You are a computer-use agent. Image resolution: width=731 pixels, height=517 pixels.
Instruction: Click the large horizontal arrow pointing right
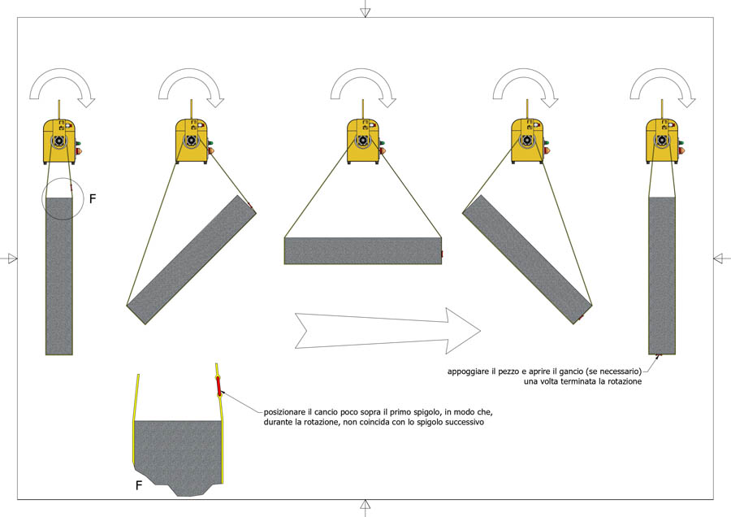click(387, 330)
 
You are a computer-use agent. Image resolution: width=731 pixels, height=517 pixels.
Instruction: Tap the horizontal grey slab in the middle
click(363, 251)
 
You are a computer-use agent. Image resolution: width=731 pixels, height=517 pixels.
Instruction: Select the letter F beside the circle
click(93, 199)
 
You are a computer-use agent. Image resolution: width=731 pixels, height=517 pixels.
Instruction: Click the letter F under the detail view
click(138, 486)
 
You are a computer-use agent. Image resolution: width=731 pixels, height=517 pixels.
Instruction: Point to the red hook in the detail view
click(218, 387)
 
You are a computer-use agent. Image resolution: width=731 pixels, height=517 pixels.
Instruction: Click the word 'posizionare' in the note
click(284, 412)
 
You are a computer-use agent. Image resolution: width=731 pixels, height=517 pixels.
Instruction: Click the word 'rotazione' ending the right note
click(625, 381)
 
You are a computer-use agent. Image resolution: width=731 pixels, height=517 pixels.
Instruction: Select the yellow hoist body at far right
click(662, 141)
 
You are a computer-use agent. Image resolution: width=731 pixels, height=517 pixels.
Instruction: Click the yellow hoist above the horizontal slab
click(363, 141)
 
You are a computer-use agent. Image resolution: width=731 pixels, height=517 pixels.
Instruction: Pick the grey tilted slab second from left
click(192, 259)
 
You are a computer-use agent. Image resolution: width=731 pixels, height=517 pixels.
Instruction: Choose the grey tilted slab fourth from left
click(527, 259)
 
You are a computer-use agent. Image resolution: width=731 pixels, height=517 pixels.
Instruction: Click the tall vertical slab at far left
click(58, 276)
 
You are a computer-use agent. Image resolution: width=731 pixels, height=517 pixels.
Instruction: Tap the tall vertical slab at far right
click(662, 276)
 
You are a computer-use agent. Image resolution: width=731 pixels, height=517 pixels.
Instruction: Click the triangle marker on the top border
click(365, 12)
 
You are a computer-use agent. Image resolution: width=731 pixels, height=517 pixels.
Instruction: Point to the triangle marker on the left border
click(12, 258)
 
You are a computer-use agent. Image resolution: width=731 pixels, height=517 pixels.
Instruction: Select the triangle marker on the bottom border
click(365, 505)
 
